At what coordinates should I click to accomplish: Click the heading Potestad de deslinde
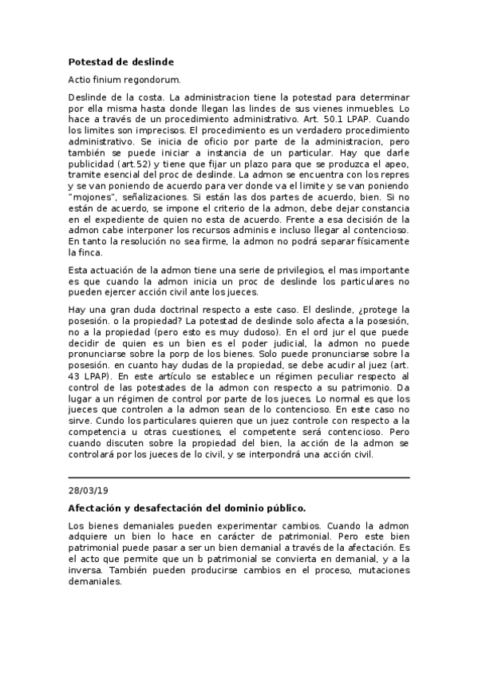[120, 61]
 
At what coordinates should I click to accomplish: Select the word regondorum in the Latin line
[153, 80]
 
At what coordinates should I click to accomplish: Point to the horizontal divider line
[239, 477]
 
